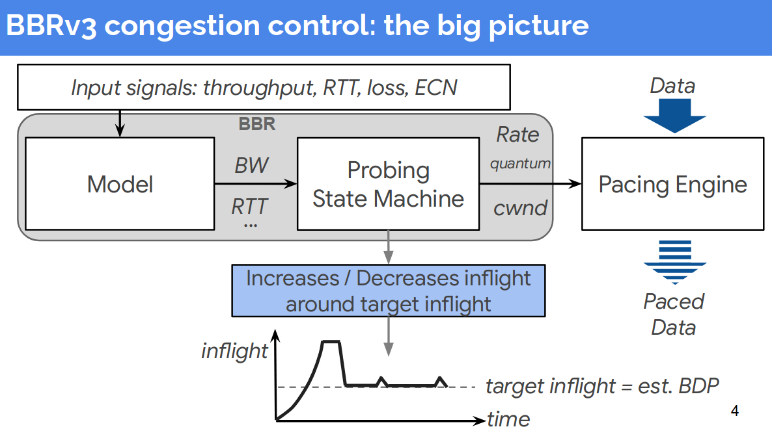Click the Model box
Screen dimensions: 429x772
pos(120,184)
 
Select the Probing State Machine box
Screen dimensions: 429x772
pos(388,184)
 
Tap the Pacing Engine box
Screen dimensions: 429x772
pos(672,184)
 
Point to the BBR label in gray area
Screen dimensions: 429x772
pos(256,123)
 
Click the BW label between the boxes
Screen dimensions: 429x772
pos(251,165)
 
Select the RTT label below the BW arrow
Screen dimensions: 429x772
pos(250,207)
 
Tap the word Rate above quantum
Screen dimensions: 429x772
pos(517,135)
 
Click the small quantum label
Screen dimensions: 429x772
pos(520,164)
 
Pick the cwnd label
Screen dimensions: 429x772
pos(520,208)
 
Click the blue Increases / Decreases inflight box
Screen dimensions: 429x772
pos(388,291)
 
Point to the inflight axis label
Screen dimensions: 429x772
pos(234,351)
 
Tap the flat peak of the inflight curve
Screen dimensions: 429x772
pos(331,341)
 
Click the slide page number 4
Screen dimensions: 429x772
pos(735,411)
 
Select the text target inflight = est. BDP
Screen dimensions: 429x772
pos(602,386)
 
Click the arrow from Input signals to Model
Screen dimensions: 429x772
pos(120,123)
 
